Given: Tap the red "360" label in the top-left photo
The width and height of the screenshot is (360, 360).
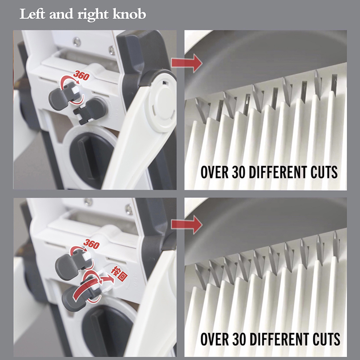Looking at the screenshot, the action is [81, 76].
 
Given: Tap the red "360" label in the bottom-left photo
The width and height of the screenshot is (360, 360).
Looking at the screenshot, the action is [91, 244].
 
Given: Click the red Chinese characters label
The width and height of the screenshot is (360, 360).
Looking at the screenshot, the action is [119, 273].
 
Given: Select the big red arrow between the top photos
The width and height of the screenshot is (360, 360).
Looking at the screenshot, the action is [187, 63].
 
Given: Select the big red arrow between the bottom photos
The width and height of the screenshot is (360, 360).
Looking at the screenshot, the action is [187, 224].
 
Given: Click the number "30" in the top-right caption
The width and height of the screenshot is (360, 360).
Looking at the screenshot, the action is [239, 172].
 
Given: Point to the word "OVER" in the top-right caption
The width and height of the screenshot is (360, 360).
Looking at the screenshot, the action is [215, 172].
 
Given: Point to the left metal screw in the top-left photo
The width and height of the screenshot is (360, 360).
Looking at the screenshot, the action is [77, 41].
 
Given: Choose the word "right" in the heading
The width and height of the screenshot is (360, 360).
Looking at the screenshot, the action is [93, 14].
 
